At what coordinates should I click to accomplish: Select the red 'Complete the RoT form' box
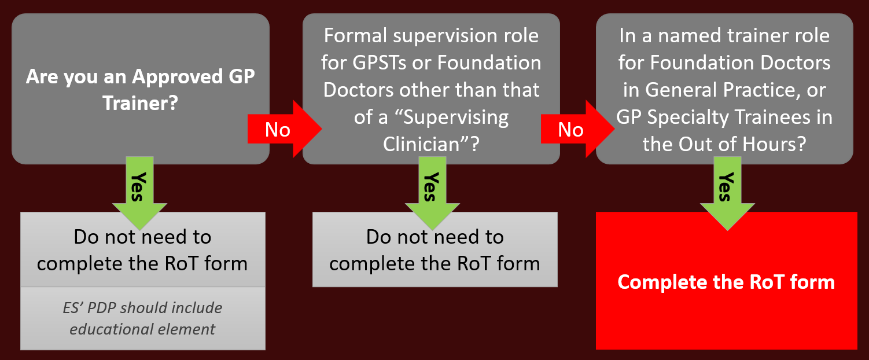[x=726, y=281]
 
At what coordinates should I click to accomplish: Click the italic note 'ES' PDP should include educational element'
[x=142, y=318]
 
